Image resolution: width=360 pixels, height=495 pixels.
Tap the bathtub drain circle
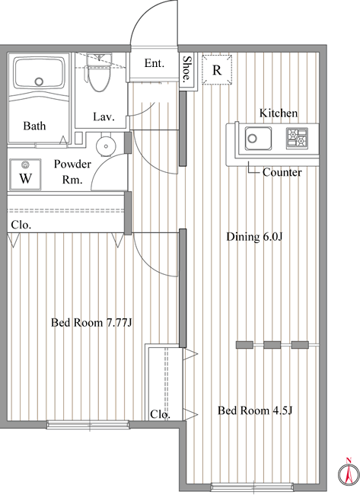tap(39, 81)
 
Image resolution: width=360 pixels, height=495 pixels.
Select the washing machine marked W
tap(25, 174)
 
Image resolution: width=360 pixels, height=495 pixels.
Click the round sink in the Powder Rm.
tap(106, 146)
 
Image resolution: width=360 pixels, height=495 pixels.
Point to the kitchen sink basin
tap(258, 139)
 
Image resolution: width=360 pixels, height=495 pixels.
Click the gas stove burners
tap(297, 138)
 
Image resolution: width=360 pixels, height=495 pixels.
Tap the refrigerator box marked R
tap(217, 70)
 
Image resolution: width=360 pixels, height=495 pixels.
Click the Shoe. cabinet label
tap(187, 69)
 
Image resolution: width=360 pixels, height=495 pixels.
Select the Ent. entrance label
tap(155, 63)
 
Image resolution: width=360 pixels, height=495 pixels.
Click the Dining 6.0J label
tap(254, 236)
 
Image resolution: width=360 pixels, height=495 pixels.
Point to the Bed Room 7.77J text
tap(91, 323)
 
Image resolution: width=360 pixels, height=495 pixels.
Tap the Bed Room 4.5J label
tap(255, 410)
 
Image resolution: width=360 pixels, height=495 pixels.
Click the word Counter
tap(282, 172)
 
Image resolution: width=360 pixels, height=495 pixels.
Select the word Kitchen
tap(279, 113)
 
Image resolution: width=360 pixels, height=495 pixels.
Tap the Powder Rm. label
tap(72, 172)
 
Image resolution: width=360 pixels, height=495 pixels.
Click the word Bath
tap(34, 126)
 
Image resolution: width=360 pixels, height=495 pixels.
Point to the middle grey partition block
tap(272, 345)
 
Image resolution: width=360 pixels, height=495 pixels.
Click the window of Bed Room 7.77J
tap(88, 425)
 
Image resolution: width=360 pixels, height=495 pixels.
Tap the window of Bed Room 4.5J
tap(252, 487)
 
